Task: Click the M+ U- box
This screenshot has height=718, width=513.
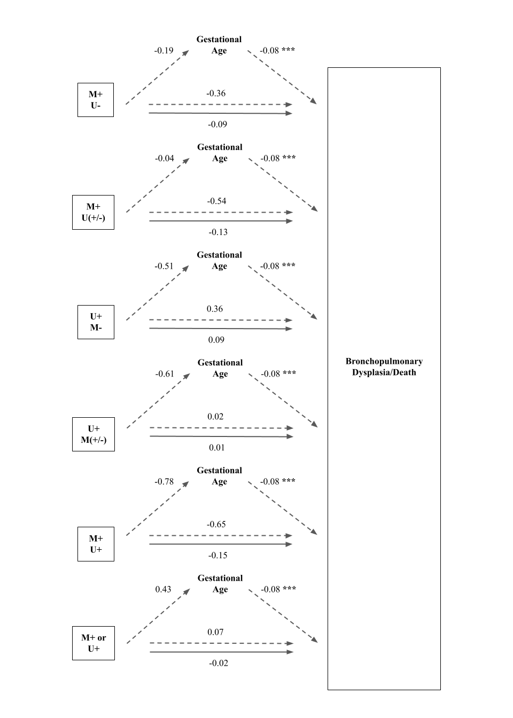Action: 96,100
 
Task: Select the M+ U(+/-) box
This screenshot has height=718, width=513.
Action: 93,212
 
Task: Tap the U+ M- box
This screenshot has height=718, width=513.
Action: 96,322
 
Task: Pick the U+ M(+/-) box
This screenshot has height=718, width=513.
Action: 94,434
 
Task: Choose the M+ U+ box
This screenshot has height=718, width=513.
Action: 96,544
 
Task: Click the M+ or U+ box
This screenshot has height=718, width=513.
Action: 94,643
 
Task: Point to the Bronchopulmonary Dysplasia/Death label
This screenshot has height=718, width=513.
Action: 384,366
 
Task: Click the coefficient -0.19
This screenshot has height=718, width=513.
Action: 164,50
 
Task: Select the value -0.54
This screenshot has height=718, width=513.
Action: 216,201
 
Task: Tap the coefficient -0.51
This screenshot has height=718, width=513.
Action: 164,266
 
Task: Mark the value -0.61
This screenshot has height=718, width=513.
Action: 165,374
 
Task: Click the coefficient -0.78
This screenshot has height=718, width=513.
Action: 164,481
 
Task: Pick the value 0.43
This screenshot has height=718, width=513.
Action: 163,589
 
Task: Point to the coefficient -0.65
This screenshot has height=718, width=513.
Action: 216,524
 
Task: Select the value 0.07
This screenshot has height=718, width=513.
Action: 215,632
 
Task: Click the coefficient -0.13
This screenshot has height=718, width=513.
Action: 218,232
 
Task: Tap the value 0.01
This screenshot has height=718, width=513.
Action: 217,448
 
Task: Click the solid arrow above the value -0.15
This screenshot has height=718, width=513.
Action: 221,544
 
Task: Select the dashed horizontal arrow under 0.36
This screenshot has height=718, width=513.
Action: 221,320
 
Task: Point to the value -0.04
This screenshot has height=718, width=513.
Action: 165,158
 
